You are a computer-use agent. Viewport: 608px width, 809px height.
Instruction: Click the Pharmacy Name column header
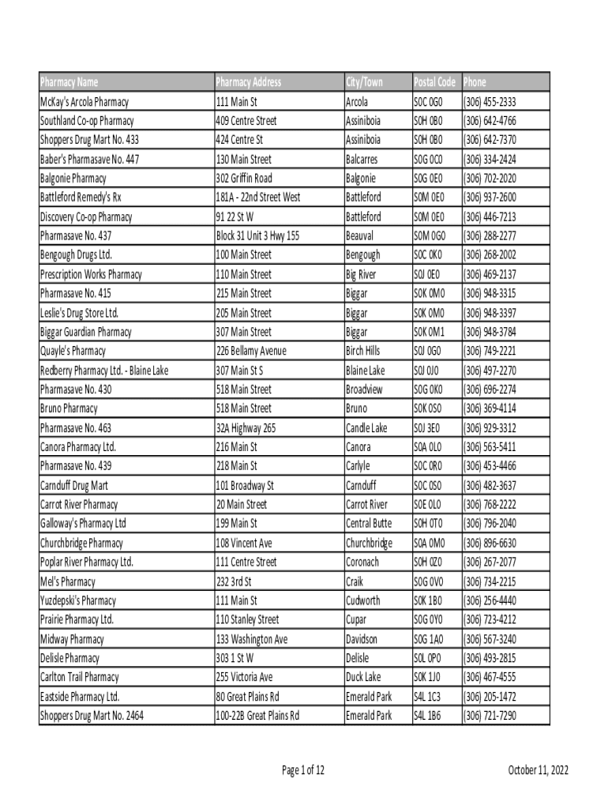tap(69, 82)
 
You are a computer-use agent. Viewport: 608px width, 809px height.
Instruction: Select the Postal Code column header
tap(434, 82)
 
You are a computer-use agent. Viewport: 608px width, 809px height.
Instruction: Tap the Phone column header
tap(475, 82)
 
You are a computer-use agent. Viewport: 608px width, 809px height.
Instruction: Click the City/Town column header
tap(364, 82)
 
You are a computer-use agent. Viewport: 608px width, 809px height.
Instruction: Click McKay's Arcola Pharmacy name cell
tap(84, 102)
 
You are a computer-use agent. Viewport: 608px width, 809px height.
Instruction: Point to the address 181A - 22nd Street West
tap(257, 198)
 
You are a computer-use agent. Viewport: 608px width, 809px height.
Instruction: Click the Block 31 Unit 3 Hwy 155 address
tap(258, 236)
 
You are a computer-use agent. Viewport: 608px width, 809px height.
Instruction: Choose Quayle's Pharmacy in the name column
tap(73, 351)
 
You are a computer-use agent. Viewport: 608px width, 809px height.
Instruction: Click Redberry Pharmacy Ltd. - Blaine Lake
tap(104, 371)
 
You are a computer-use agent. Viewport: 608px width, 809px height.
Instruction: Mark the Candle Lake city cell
tap(366, 428)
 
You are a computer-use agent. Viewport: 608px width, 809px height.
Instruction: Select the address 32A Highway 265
tap(246, 428)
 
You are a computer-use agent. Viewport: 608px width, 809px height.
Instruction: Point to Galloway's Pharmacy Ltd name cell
tap(83, 524)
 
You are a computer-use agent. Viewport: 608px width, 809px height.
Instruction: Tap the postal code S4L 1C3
tap(427, 697)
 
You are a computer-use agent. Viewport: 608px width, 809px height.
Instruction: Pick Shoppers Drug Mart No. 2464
tap(92, 716)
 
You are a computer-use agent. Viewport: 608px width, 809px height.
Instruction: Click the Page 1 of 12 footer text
tap(303, 770)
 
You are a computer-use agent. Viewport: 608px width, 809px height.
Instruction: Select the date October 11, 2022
tap(539, 770)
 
